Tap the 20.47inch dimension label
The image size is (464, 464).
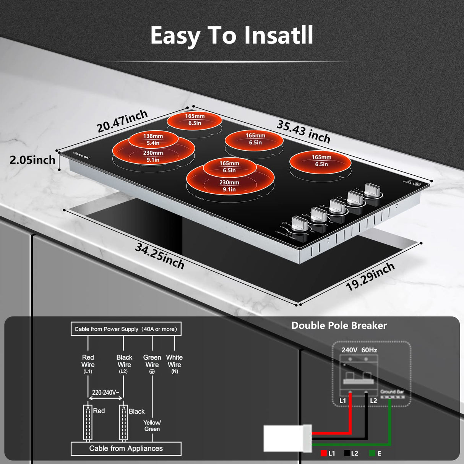[122, 121]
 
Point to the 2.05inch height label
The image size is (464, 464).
[32, 160]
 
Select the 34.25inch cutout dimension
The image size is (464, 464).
[160, 256]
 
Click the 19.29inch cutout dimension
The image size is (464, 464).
[370, 277]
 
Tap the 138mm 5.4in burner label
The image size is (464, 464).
[153, 140]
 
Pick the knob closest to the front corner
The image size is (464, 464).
[299, 224]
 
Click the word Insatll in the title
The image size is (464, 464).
[279, 36]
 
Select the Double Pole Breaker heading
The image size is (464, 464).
[339, 326]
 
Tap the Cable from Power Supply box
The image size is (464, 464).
[126, 329]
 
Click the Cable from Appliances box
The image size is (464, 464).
[126, 449]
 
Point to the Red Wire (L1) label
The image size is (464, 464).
[88, 363]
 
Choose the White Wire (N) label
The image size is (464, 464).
[174, 363]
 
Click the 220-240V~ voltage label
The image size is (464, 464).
[105, 393]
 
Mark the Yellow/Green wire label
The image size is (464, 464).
[152, 425]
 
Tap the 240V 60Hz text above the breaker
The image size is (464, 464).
[359, 350]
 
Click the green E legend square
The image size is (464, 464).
[372, 454]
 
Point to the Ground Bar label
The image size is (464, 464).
[392, 392]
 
